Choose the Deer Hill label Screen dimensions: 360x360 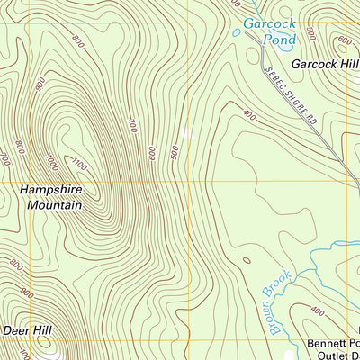pyautogui.click(x=27, y=330)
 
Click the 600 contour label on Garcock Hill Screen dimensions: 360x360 pyautogui.click(x=344, y=40)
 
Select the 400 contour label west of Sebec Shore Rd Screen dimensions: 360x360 pyautogui.click(x=249, y=114)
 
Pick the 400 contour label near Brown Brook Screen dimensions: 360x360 pyautogui.click(x=317, y=311)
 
